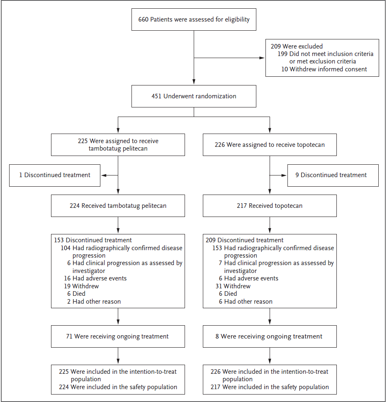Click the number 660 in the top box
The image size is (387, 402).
143,19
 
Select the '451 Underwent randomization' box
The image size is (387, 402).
194,96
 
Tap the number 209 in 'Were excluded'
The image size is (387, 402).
276,46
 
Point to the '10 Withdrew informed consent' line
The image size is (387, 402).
324,69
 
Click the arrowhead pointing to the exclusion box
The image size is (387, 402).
262,58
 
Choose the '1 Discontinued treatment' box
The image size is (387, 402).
55,175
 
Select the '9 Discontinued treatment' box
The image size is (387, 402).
333,175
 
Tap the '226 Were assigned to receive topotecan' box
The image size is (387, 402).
270,145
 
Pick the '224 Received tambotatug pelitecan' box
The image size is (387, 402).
118,206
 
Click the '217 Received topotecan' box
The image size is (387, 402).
270,206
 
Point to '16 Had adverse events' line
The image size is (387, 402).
95,278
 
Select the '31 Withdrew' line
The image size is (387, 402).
233,286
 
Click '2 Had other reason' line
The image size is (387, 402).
94,302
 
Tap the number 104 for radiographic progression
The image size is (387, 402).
66,248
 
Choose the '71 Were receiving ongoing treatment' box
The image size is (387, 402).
118,336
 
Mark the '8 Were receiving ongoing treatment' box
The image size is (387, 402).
270,336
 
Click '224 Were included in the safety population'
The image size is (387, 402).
118,387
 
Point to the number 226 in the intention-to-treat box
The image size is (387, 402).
216,372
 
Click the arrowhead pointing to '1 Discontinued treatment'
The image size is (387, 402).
104,175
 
